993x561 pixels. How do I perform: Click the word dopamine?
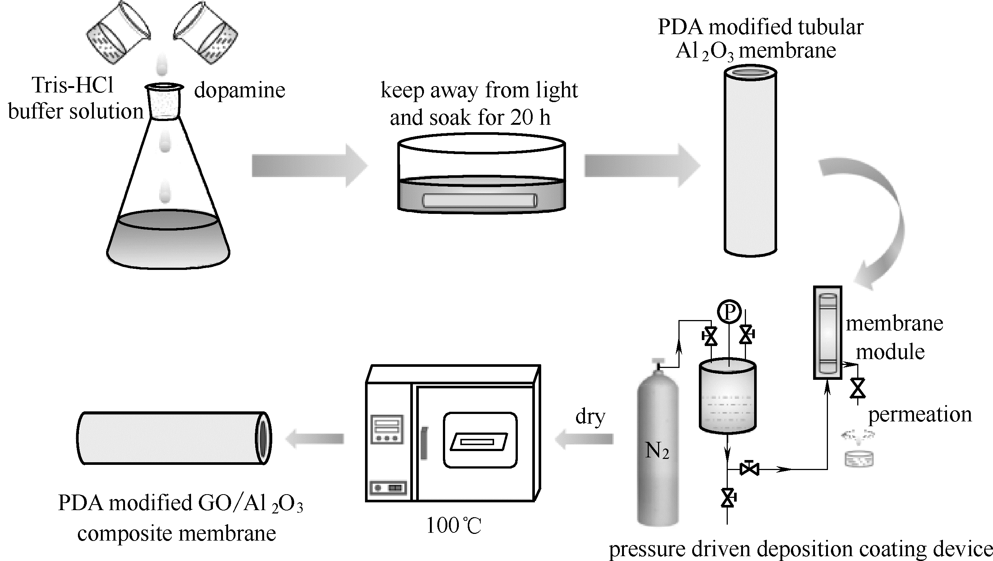pos(239,91)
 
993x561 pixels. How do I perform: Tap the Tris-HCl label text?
pos(72,85)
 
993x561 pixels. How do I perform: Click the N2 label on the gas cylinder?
pos(657,450)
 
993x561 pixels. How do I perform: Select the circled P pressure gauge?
pos(729,312)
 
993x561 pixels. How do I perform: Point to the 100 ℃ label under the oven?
pos(454,525)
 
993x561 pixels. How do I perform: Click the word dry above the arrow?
pos(590,417)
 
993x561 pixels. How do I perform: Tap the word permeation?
pos(920,414)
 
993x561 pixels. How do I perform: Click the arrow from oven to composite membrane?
pos(315,439)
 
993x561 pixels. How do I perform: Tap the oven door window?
pos(480,440)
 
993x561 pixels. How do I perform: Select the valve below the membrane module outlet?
pos(858,388)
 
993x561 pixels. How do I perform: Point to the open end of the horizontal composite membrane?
pos(264,437)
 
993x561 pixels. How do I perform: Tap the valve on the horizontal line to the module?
pos(749,469)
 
